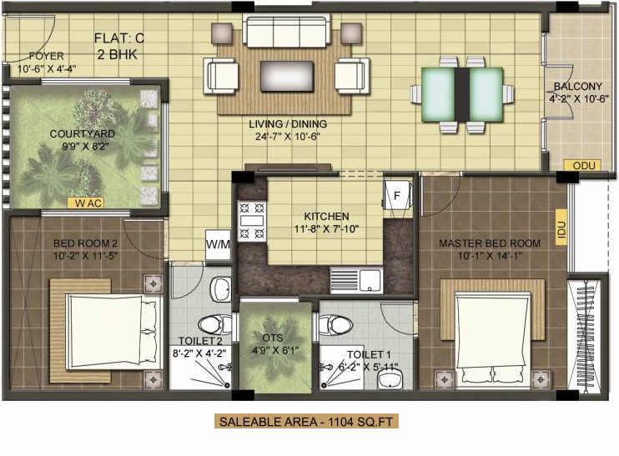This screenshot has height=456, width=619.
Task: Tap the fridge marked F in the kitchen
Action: click(x=396, y=197)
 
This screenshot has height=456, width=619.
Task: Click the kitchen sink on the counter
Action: click(x=356, y=278)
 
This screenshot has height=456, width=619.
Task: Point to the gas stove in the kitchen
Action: click(x=252, y=218)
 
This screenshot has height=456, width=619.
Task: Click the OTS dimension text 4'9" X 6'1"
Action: click(x=271, y=352)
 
